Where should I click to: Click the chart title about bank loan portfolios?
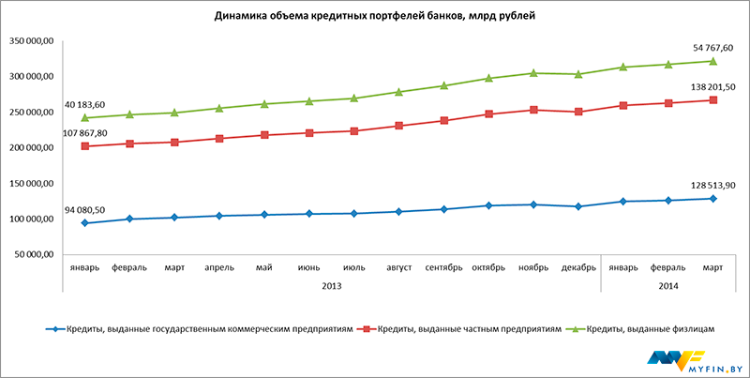pyautogui.click(x=375, y=17)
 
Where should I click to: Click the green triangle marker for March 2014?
pyautogui.click(x=713, y=61)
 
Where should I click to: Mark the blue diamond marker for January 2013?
pyautogui.click(x=85, y=223)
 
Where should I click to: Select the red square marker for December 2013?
pyautogui.click(x=579, y=112)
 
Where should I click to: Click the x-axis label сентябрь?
pyautogui.click(x=444, y=267)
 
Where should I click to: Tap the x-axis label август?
pyautogui.click(x=399, y=267)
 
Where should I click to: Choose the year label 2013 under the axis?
pyautogui.click(x=332, y=284)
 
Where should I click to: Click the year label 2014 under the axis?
pyautogui.click(x=668, y=284)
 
